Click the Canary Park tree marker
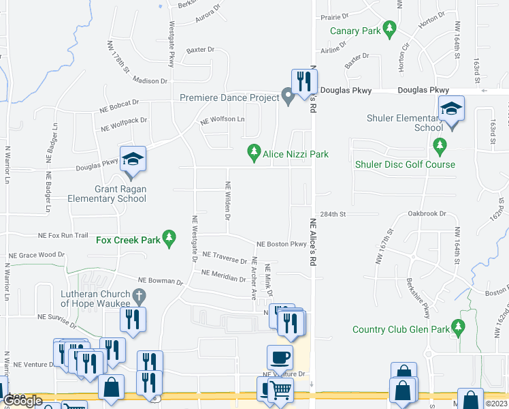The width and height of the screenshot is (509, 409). tap(389, 29)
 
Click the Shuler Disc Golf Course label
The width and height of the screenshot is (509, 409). tap(404, 164)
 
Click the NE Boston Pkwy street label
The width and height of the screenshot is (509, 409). tap(281, 244)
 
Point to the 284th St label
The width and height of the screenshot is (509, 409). tap(334, 214)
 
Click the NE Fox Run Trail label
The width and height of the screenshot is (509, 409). tap(63, 235)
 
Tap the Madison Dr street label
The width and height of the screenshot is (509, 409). tap(150, 80)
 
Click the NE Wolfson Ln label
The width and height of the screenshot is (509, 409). tap(222, 121)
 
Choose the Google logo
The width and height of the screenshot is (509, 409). tap(22, 402)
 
